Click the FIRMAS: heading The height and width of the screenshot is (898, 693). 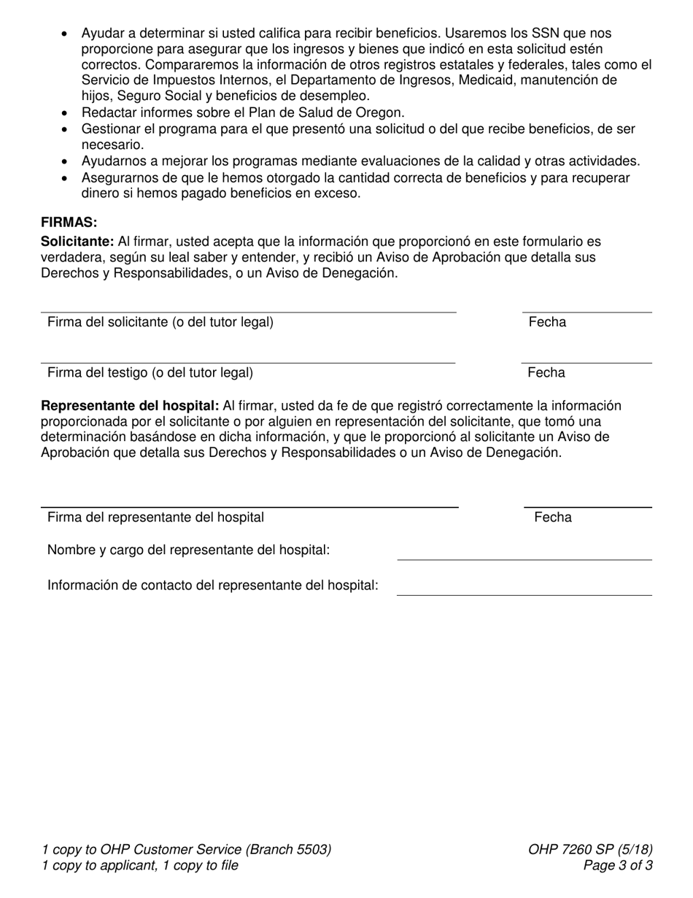[69, 223]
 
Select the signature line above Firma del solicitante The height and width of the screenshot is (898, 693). [248, 312]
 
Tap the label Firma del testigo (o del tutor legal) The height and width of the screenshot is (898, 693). [150, 373]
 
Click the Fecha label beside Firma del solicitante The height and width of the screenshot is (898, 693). [547, 322]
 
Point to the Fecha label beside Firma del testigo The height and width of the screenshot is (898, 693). [546, 373]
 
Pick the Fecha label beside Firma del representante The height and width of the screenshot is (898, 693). [553, 518]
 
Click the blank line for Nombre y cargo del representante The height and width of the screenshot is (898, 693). [524, 560]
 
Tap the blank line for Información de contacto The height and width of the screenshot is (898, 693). [524, 595]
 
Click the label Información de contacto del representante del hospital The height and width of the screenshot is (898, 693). [212, 586]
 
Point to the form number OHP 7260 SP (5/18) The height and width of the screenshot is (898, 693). [590, 849]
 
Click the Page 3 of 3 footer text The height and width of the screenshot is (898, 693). [618, 866]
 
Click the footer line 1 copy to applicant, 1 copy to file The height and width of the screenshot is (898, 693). [140, 866]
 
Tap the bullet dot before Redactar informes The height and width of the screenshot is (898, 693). [66, 113]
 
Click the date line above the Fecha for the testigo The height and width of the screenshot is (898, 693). [586, 363]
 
